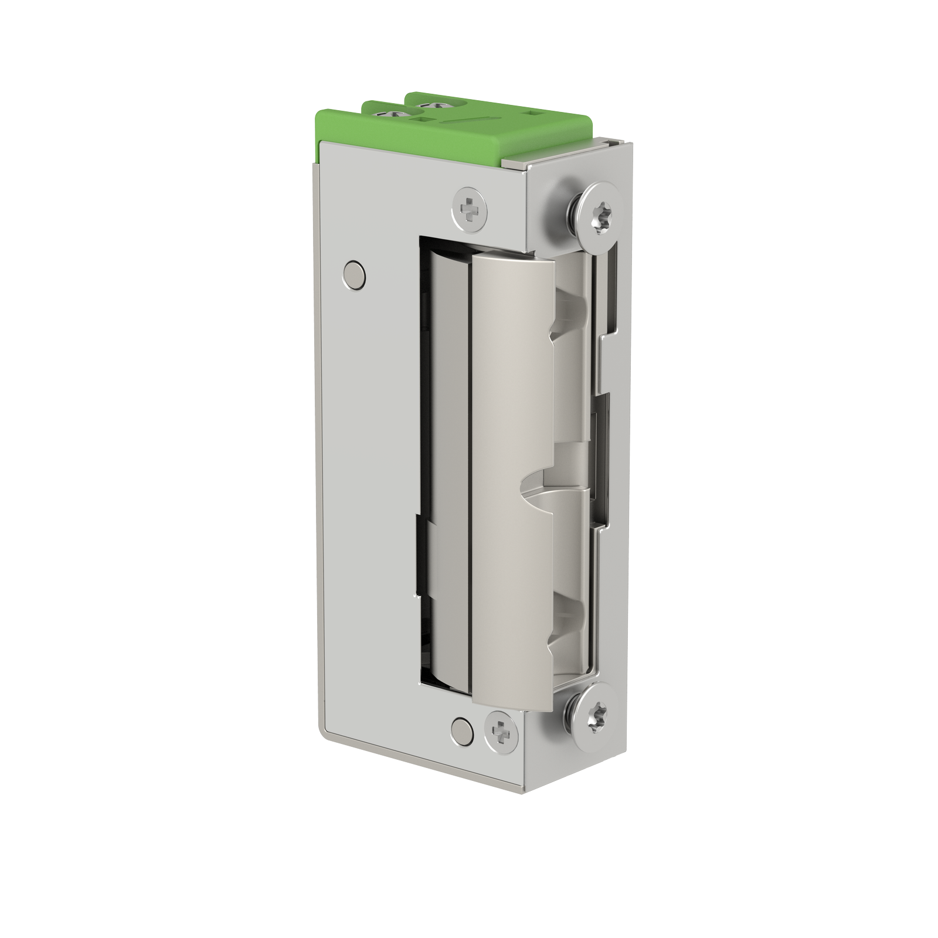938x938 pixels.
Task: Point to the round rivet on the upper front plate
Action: (x=354, y=274)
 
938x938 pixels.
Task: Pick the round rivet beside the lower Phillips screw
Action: (x=463, y=730)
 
